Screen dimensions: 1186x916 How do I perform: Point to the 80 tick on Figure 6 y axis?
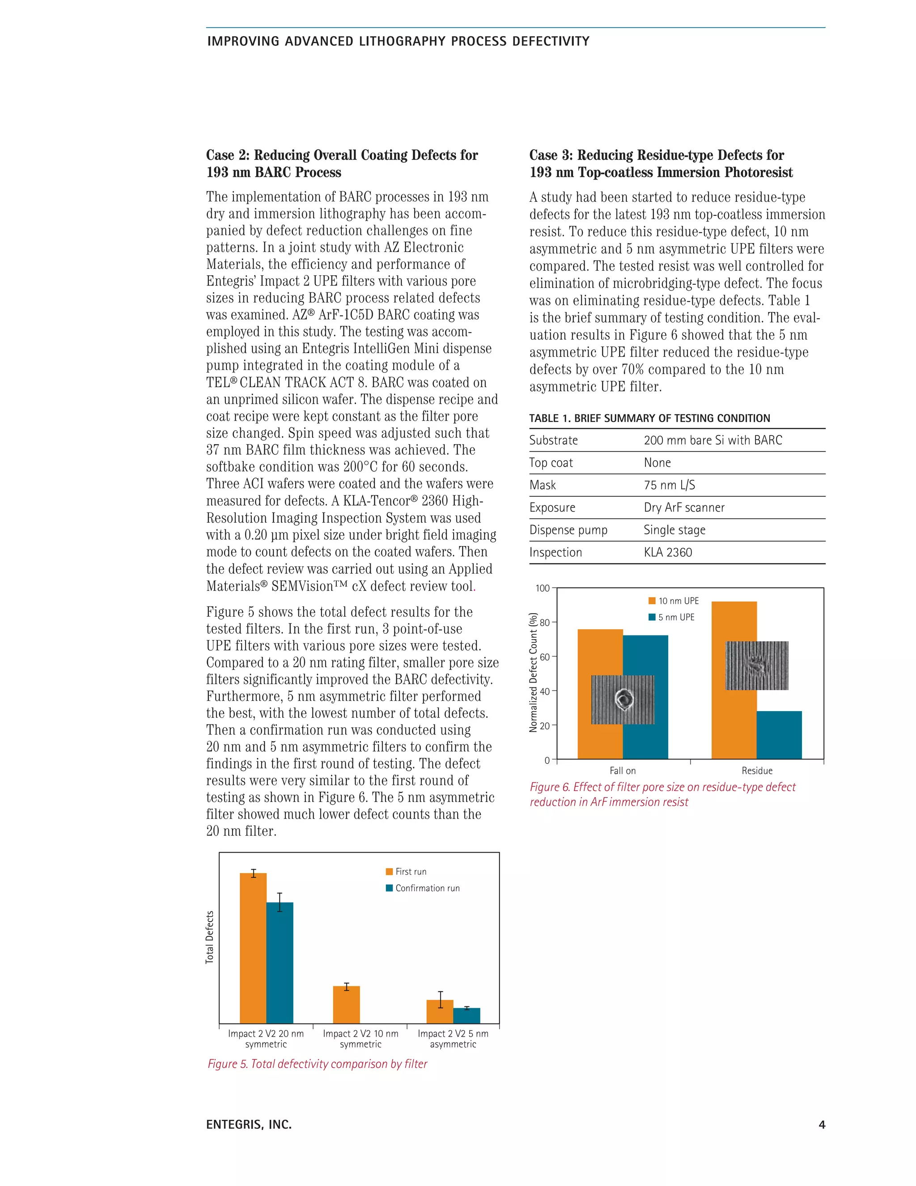[544, 623]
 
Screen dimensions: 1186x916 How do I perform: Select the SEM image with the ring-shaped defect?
[623, 700]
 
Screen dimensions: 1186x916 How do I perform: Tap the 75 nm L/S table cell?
[669, 485]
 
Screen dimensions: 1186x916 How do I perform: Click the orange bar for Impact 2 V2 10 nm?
[346, 1005]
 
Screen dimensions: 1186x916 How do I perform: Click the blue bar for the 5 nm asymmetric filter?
[466, 1015]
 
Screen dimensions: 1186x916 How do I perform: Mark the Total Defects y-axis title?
[210, 937]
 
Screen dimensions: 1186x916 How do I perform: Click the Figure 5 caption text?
[318, 1064]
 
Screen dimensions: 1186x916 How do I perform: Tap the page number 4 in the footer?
[822, 1125]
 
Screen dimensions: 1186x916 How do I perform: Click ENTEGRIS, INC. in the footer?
[249, 1125]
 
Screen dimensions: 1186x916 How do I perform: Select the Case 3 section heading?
[661, 163]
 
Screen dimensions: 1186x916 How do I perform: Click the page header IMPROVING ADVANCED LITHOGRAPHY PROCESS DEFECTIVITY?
[398, 41]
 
